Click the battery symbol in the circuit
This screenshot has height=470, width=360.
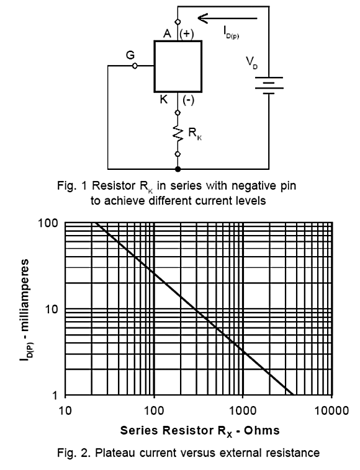coord(269,86)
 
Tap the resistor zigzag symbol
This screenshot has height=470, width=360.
coord(178,133)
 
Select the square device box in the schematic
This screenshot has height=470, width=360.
coord(178,66)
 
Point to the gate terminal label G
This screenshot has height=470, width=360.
coord(130,55)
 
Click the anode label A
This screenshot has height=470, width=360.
coord(168,33)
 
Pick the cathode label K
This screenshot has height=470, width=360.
coord(164,99)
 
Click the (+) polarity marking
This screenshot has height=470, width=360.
coord(187,34)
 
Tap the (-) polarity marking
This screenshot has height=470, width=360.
coord(189,99)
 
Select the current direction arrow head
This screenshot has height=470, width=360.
coord(203,18)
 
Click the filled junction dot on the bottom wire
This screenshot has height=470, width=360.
coord(178,169)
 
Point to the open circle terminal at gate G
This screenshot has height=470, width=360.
coord(135,66)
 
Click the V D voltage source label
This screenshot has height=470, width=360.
coord(252,63)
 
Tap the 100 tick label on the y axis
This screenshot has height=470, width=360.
coord(48,223)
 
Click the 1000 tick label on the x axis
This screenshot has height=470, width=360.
coord(243,410)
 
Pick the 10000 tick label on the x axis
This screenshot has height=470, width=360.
coord(332,410)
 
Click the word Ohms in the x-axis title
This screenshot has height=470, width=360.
coord(261,430)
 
